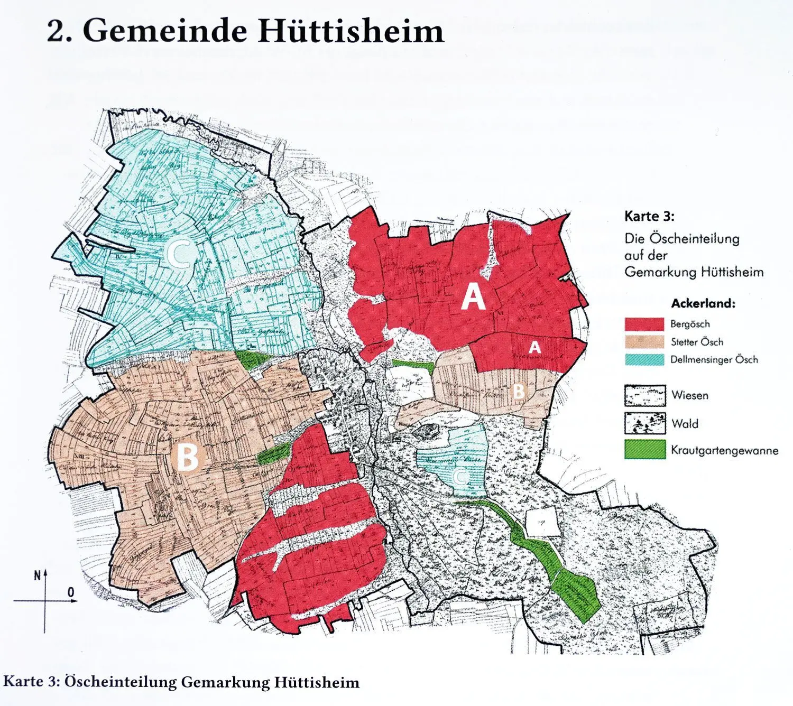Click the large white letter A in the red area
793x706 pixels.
click(473, 296)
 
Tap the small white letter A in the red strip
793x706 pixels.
click(535, 347)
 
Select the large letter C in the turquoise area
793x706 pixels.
click(180, 254)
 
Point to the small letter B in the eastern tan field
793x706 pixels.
click(519, 391)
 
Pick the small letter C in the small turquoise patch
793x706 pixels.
click(460, 477)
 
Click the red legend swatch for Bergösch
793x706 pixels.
click(644, 324)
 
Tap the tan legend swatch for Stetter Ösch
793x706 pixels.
click(644, 342)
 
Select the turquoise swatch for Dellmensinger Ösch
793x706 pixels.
click(644, 359)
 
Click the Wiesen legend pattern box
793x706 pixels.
click(644, 395)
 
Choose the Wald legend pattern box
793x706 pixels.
click(644, 423)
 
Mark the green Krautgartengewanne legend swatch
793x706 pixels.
click(644, 450)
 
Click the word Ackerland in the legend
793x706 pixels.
click(703, 303)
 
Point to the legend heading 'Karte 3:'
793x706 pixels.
click(649, 216)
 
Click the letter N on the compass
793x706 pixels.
click(37, 575)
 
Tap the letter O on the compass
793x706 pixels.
click(71, 592)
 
